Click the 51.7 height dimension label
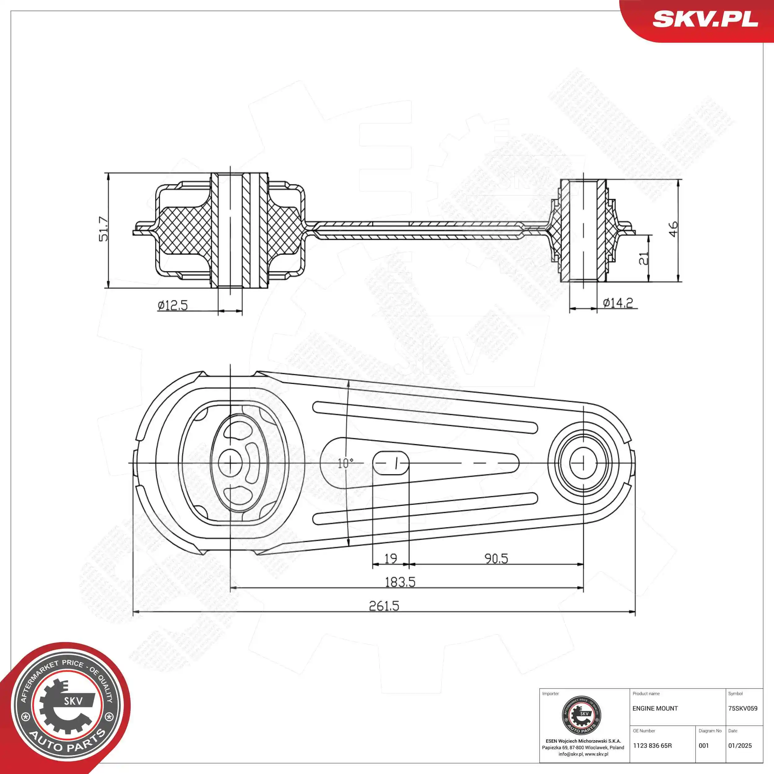103,229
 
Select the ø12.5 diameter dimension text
173,305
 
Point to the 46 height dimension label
673,229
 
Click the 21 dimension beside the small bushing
643,259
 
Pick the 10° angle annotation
345,463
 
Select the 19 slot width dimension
391,558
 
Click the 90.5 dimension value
496,558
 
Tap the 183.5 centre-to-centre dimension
400,582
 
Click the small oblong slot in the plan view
391,463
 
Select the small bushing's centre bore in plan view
583,463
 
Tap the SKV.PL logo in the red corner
705,19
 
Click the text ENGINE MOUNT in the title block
655,709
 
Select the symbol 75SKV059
743,709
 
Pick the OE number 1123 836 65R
652,746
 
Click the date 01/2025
740,746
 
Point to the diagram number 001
704,746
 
